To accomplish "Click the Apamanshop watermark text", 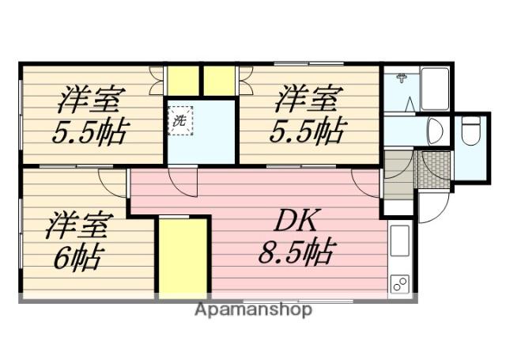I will [x=253, y=309].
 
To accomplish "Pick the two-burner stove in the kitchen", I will [x=398, y=283].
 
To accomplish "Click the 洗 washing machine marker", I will [x=179, y=122].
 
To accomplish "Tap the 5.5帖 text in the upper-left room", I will [x=89, y=131].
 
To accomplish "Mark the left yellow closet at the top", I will [x=183, y=81].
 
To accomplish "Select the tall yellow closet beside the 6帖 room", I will [x=183, y=257].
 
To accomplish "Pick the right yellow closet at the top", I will [x=220, y=81].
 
